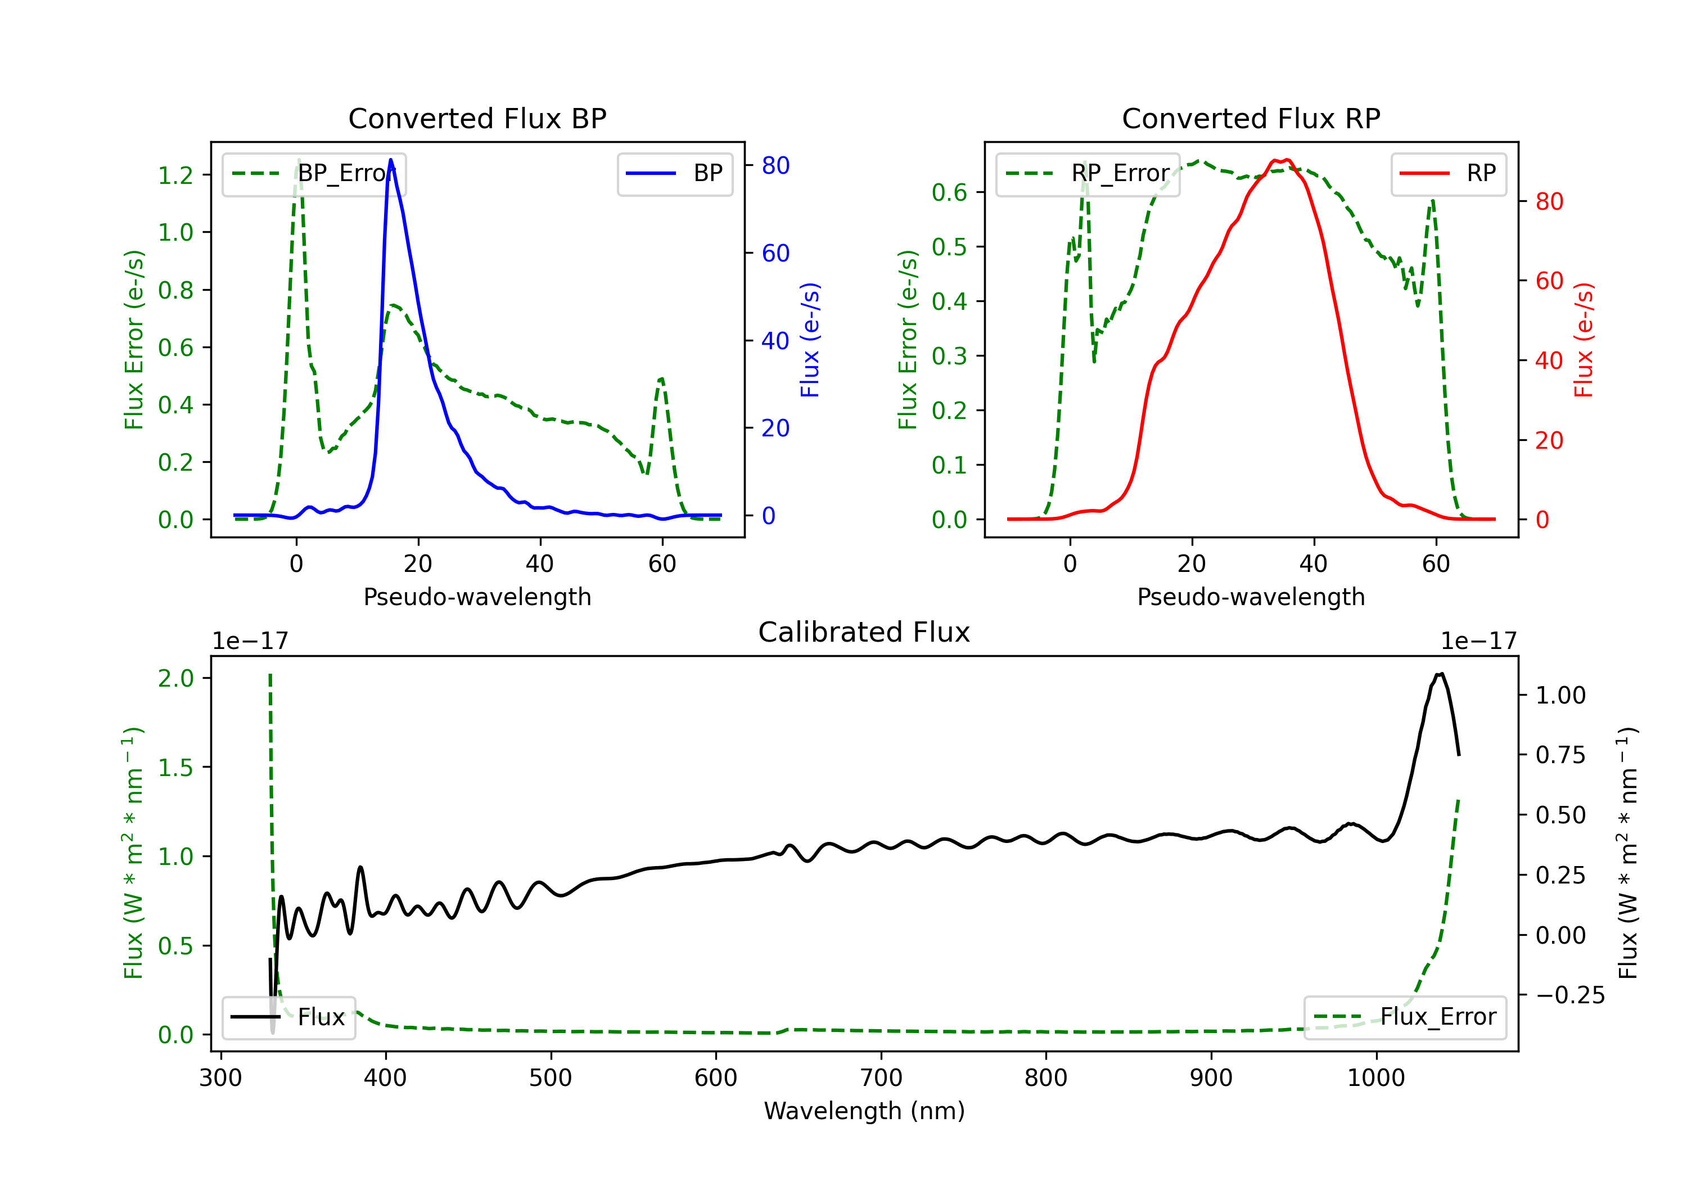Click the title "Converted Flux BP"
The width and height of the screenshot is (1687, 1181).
477,118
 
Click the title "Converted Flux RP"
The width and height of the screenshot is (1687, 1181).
1251,118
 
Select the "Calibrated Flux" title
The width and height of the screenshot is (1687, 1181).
864,632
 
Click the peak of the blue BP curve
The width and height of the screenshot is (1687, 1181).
391,160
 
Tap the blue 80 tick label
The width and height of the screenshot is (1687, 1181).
775,165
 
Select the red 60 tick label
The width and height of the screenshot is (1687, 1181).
1549,281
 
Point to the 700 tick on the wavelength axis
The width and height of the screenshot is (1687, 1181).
881,1078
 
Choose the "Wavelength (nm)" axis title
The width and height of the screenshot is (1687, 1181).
864,1111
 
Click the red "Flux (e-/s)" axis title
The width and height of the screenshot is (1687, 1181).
1584,340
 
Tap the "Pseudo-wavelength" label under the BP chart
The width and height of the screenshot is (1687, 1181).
477,597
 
